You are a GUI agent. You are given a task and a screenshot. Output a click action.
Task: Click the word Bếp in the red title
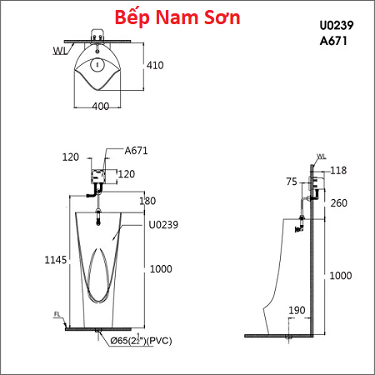(132, 18)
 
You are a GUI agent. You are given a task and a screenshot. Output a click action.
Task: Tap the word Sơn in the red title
(222, 17)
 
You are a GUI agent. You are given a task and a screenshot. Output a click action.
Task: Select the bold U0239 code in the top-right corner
(337, 25)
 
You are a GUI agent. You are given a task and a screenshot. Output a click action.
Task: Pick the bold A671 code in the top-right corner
(333, 41)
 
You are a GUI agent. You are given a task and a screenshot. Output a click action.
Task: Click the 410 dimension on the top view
(155, 65)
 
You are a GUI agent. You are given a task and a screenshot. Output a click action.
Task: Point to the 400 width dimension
(101, 106)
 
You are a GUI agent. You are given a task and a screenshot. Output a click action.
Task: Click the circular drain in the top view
(97, 65)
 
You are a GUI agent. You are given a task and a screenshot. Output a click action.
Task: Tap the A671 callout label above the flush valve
(136, 151)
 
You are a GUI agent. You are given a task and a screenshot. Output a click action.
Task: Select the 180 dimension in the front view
(147, 201)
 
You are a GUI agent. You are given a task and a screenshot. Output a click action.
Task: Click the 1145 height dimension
(56, 260)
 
